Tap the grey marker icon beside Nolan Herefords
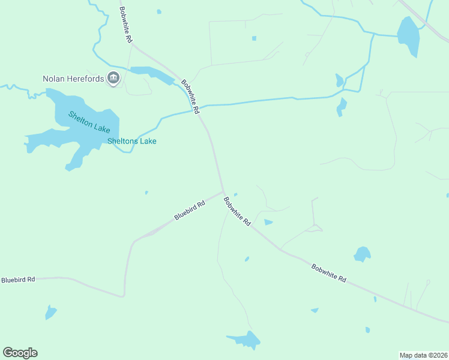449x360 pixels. click(x=113, y=77)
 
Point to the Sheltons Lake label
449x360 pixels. click(x=131, y=142)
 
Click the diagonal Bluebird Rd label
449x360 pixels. click(x=190, y=211)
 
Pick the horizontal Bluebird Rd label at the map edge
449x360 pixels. click(x=18, y=280)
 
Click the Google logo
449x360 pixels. click(x=20, y=353)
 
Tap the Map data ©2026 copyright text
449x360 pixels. click(x=423, y=355)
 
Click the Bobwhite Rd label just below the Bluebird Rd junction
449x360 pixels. click(x=237, y=211)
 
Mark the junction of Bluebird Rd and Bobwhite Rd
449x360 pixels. click(x=224, y=192)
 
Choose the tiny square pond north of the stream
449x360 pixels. click(x=254, y=38)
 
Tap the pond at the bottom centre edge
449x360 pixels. click(x=246, y=340)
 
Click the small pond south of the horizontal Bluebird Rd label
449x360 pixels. click(x=50, y=312)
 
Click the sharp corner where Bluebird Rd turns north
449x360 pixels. click(x=124, y=296)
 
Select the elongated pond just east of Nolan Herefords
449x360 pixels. click(x=152, y=74)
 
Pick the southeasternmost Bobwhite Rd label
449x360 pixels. click(x=329, y=274)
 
